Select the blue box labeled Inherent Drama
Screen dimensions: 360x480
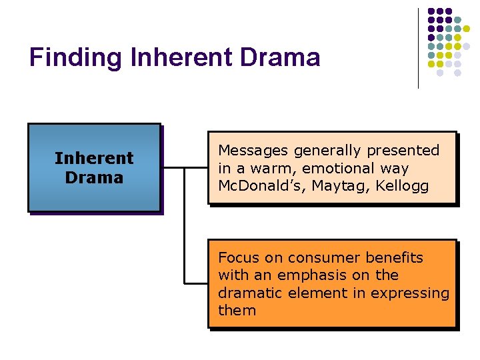[x=94, y=167]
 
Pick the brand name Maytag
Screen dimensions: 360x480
[x=319, y=187]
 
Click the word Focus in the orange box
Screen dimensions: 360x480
[x=238, y=257]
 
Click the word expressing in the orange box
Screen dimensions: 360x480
[x=413, y=293]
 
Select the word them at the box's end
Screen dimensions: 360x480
[x=237, y=310]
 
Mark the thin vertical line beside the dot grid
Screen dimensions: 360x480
[x=418, y=48]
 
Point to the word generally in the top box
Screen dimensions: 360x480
[x=324, y=151]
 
